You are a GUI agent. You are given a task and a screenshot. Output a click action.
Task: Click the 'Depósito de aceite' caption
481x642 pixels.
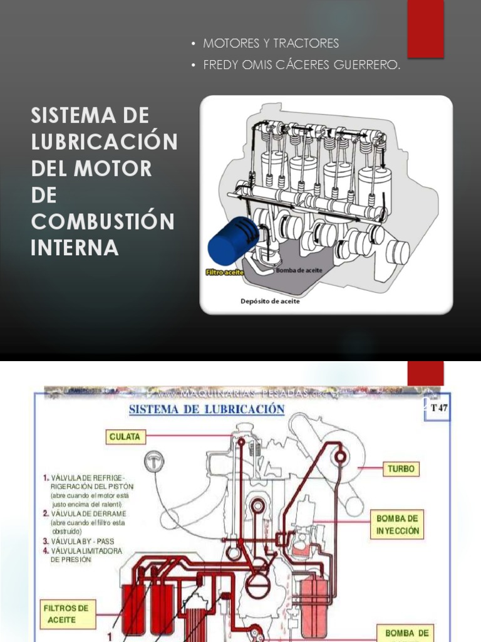click(x=270, y=301)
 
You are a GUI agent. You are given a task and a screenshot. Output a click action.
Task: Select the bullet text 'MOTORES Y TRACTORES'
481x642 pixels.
click(x=271, y=43)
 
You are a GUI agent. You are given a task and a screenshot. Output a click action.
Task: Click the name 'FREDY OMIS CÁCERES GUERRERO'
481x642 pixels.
click(x=301, y=65)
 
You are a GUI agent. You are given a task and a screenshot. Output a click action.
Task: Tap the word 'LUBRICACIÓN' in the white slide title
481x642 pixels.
click(x=104, y=142)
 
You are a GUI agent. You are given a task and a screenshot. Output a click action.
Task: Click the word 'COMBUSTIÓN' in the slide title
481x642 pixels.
click(x=103, y=221)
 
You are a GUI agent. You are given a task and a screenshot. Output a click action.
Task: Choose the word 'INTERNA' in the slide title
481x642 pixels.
click(x=75, y=248)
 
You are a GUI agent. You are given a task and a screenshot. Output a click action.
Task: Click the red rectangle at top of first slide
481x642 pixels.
click(x=425, y=28)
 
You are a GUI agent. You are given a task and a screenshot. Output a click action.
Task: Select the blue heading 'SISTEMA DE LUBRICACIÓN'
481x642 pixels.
click(x=207, y=409)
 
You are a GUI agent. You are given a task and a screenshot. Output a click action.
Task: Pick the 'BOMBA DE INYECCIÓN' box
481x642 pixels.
click(x=398, y=524)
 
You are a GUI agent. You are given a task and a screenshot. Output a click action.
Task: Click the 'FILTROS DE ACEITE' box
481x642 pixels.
click(x=66, y=614)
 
